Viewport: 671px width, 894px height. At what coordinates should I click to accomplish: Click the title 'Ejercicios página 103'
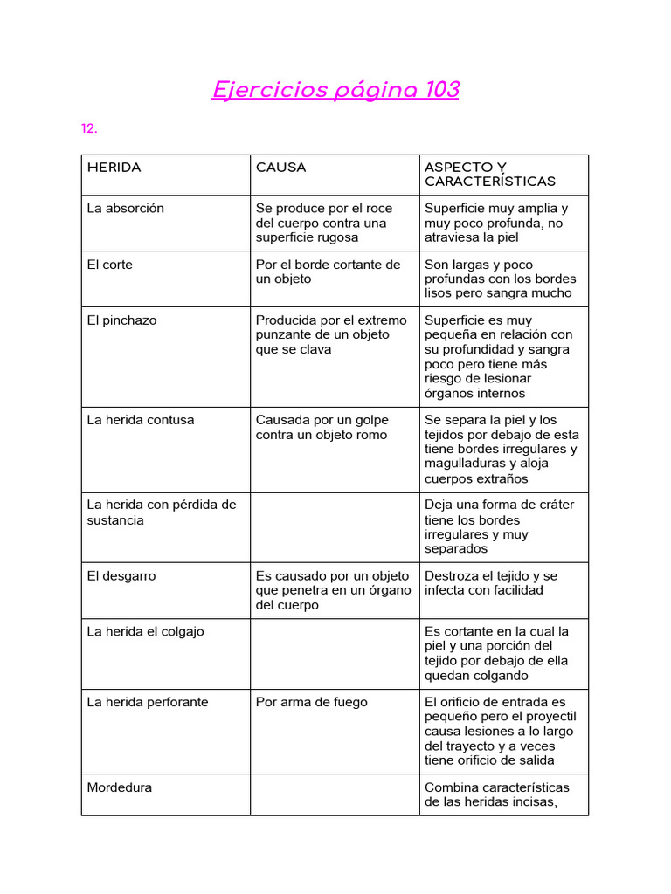(x=335, y=90)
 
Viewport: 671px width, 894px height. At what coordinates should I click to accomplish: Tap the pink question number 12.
(x=89, y=128)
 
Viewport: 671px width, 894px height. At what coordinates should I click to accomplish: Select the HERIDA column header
(x=114, y=168)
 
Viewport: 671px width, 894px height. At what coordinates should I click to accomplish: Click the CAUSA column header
(x=280, y=168)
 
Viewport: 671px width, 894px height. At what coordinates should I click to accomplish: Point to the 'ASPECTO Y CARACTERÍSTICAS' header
(x=489, y=175)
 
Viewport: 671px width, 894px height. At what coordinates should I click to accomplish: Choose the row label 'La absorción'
(x=125, y=209)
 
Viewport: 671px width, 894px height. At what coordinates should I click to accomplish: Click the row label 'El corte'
(x=110, y=265)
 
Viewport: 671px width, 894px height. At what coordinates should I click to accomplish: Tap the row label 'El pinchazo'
(x=121, y=320)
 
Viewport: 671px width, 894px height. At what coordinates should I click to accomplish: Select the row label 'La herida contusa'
(x=140, y=420)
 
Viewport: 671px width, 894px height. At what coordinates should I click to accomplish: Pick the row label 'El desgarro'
(x=121, y=576)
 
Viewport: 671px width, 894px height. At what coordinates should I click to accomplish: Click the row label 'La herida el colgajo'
(x=145, y=631)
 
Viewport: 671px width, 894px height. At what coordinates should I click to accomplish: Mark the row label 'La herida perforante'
(x=148, y=702)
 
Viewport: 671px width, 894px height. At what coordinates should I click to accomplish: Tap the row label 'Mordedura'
(x=119, y=787)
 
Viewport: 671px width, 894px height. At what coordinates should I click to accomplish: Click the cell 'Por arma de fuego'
(x=311, y=702)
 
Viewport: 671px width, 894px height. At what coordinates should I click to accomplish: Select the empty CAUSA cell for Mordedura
(x=335, y=794)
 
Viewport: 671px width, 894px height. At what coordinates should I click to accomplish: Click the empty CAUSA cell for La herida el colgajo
(x=335, y=654)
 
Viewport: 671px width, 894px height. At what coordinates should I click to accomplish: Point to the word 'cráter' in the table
(x=554, y=505)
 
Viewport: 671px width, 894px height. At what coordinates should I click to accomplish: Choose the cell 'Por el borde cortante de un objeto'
(x=328, y=272)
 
